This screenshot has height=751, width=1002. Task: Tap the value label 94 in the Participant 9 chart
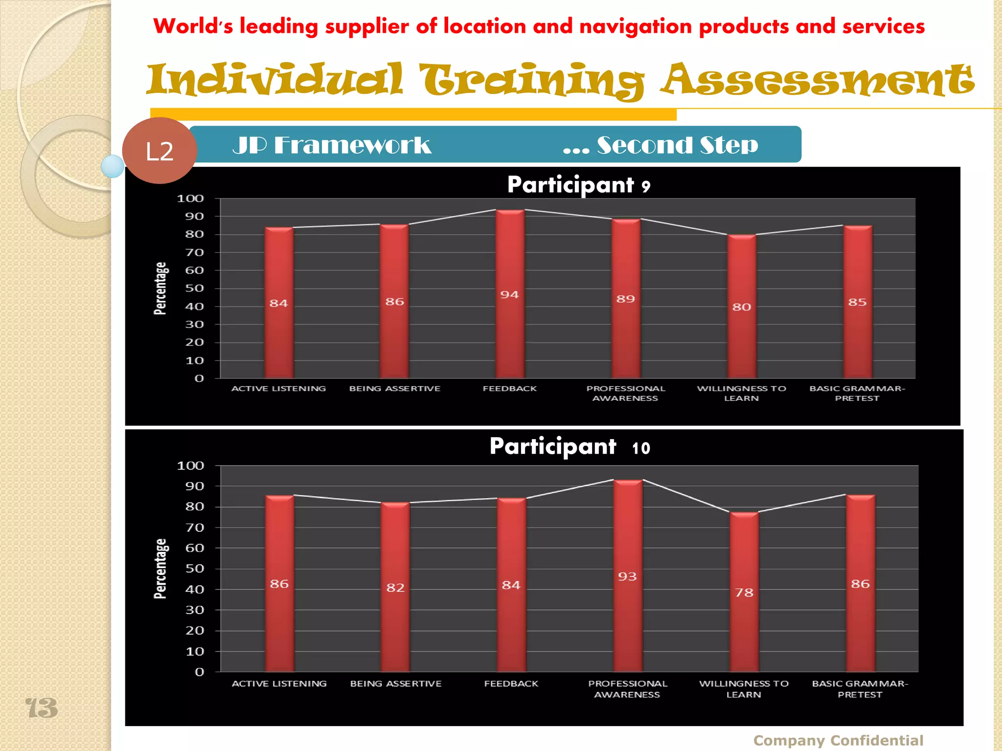pos(509,295)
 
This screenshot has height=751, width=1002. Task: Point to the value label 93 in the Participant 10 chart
pos(627,577)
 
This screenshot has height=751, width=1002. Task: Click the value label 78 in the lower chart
pos(744,593)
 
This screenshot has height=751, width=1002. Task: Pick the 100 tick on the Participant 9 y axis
pos(190,199)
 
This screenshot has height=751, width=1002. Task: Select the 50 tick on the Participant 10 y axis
pos(194,569)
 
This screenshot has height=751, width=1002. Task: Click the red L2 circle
pos(159,151)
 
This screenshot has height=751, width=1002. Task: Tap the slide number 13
pos(42,708)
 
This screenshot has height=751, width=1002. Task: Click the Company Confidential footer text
pos(838,740)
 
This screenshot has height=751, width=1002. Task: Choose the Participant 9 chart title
pos(579,185)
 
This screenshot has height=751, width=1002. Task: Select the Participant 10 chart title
pos(569,446)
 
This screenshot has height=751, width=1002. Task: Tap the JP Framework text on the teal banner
pos(332,145)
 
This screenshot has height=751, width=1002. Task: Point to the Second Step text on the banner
pos(660,145)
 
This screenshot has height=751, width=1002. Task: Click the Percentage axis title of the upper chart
pos(160,288)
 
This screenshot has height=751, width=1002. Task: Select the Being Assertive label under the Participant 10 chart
pos(396,684)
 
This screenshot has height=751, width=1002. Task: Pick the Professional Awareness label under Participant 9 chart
pos(625,393)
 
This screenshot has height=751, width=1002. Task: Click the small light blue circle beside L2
pos(113,166)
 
